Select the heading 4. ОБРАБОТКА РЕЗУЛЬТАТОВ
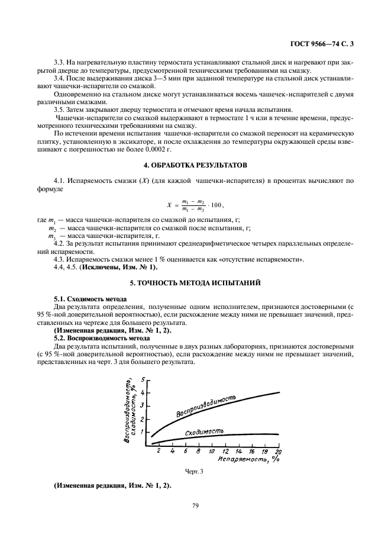tap(195, 163)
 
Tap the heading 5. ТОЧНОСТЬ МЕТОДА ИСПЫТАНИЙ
tap(195, 282)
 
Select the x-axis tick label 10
tap(212, 451)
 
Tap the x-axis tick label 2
tap(159, 451)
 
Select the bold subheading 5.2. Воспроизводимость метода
tap(97, 337)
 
